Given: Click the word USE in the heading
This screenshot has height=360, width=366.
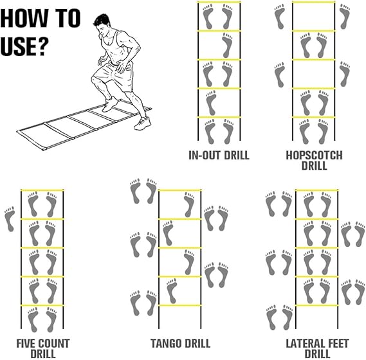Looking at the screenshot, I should [x=24, y=46].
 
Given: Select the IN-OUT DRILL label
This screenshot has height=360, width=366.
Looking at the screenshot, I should [x=219, y=156].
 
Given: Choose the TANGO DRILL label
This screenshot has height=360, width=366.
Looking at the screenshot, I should [x=179, y=343].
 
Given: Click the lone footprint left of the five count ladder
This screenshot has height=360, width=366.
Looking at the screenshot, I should [x=10, y=219].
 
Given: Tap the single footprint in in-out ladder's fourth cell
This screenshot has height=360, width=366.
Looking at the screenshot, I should [x=210, y=103].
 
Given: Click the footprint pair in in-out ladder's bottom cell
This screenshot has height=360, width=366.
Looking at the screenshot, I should [x=219, y=131].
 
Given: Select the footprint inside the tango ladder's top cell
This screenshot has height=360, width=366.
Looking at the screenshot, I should [x=188, y=204].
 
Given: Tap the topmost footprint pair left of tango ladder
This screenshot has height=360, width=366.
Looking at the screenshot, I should [x=143, y=192].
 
